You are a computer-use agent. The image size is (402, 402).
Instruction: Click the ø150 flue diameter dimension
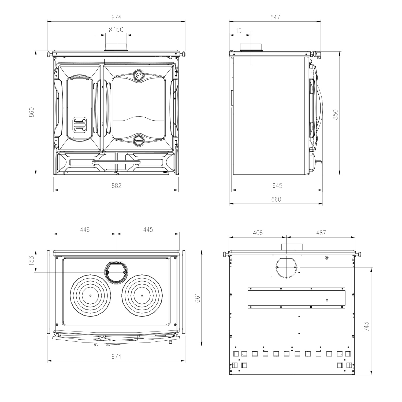point(116,29)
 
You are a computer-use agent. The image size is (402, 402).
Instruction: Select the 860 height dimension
point(32,113)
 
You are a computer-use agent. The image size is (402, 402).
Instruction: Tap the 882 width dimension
point(116,185)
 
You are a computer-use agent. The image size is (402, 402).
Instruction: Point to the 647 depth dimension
point(275,17)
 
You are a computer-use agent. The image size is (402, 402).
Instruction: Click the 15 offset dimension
point(238,31)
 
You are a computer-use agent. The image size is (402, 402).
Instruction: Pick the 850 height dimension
point(335,114)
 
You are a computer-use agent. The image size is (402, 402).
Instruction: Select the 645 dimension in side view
point(277,185)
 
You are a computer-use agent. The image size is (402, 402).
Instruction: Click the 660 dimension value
point(276,199)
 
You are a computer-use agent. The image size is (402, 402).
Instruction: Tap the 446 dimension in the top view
point(84,229)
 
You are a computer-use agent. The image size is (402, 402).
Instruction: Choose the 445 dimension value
point(148,229)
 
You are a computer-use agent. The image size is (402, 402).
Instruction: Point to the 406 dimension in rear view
point(258,233)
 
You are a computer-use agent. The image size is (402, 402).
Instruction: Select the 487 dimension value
point(321,233)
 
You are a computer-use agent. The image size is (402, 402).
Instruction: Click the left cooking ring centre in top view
point(90,296)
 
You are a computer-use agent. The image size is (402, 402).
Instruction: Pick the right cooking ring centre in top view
point(142,296)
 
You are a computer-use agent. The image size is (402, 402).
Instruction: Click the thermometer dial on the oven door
point(138,75)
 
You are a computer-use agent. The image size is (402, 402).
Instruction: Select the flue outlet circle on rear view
point(286,267)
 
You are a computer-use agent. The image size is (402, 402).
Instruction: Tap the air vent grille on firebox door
point(80,125)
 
